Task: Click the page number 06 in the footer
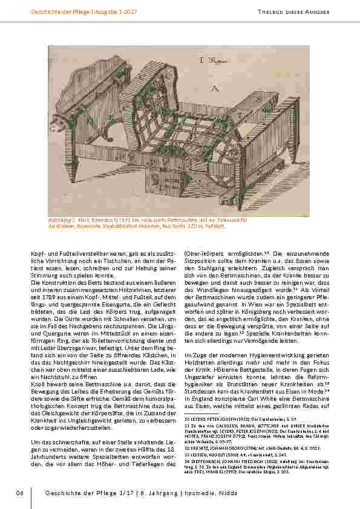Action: (x=19, y=494)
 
